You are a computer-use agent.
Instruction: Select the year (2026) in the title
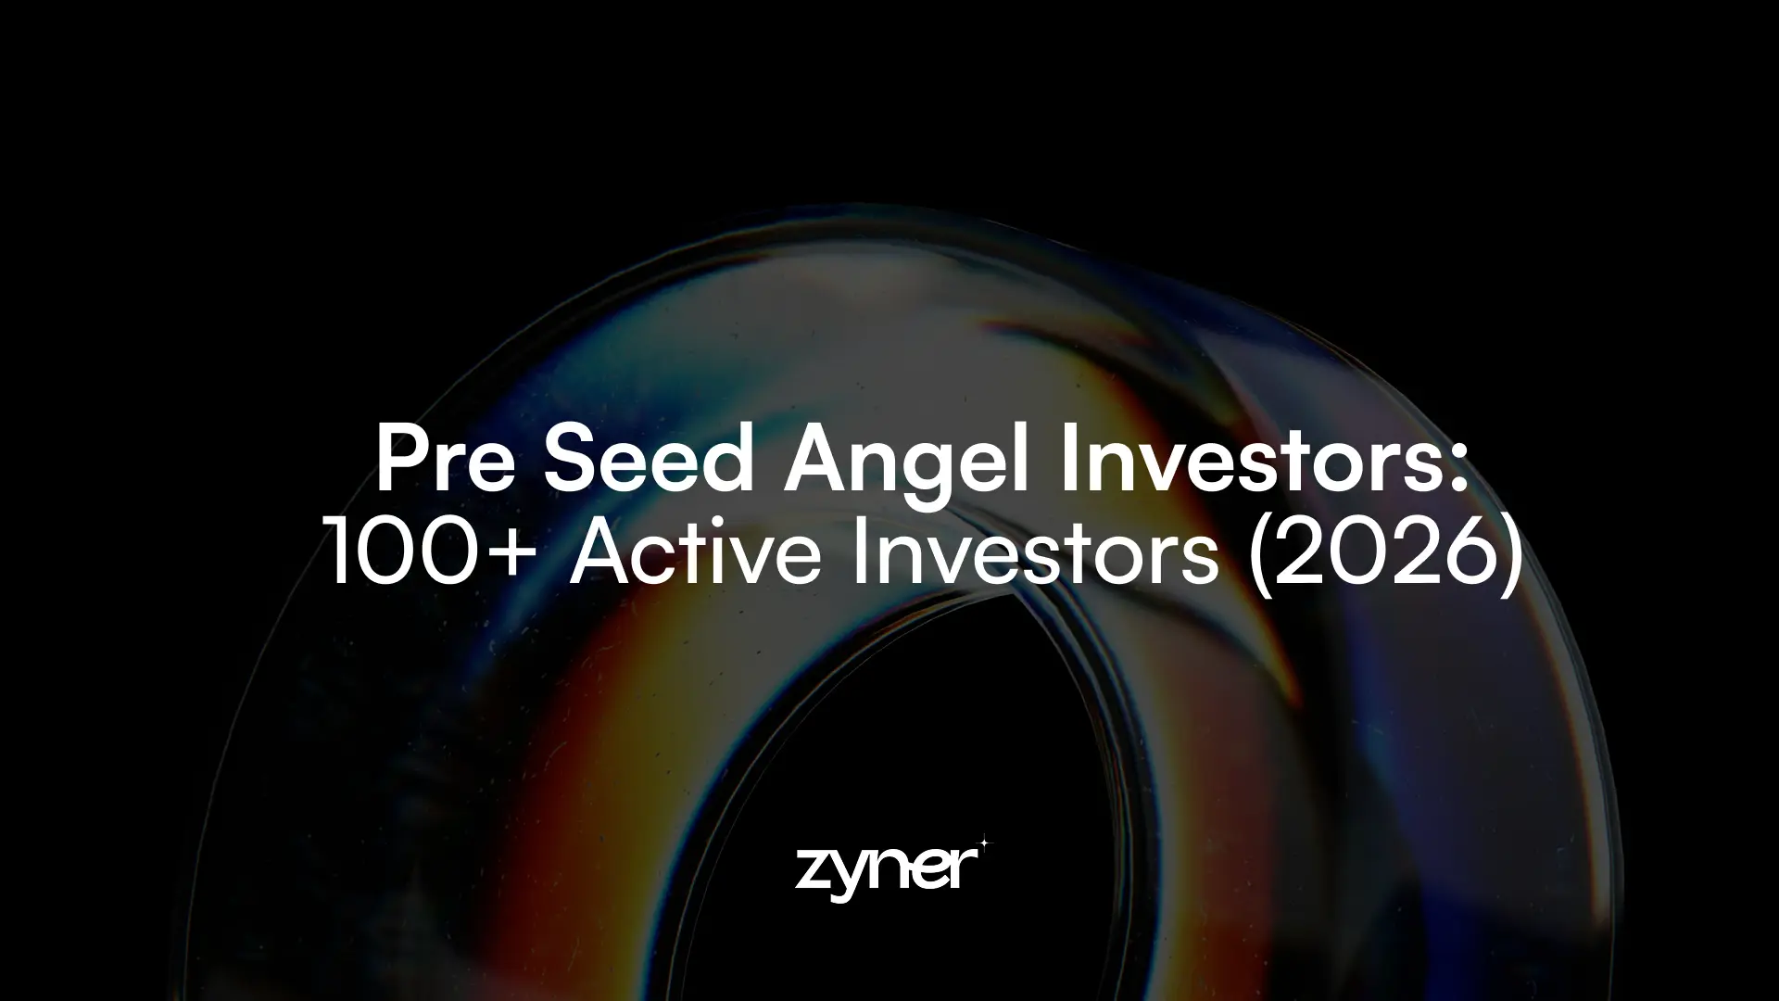point(1385,553)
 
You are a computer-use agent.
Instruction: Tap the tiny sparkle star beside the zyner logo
point(984,843)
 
